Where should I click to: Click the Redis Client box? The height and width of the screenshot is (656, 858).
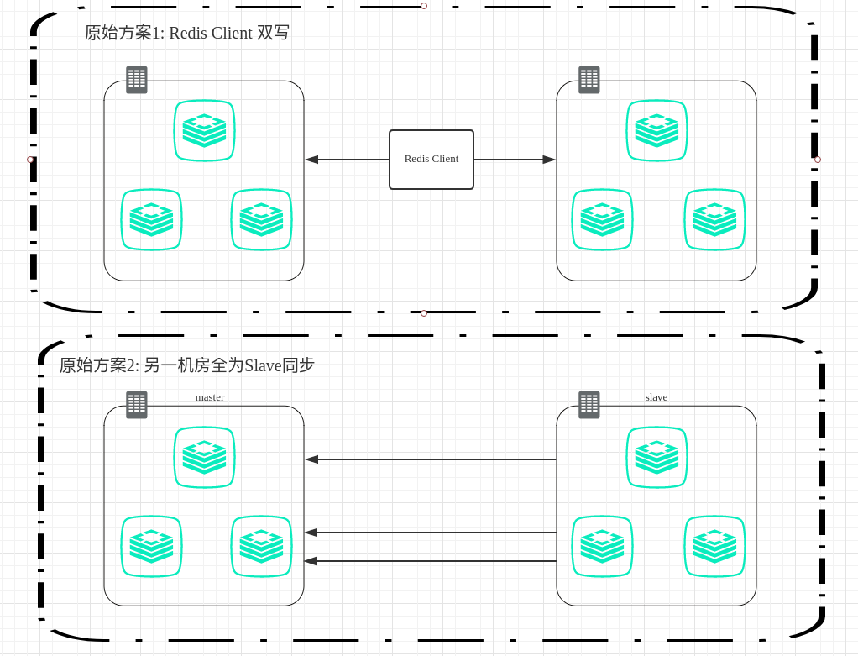point(432,160)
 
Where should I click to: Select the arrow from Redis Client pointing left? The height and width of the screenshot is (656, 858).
point(347,160)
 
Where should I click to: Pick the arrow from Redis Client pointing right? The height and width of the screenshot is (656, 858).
point(515,160)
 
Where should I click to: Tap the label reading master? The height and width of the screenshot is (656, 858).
point(210,397)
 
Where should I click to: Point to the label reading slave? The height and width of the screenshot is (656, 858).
point(657,397)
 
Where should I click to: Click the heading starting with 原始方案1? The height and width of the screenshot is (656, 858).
point(186,33)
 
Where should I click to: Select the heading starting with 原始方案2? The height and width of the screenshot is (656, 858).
point(186,365)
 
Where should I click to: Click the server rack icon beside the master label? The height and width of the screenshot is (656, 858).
point(137,405)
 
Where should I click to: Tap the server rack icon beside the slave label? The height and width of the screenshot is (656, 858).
point(589,405)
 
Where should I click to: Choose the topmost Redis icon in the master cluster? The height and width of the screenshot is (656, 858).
point(204,457)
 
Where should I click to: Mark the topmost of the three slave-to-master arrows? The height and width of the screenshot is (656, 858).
point(431,459)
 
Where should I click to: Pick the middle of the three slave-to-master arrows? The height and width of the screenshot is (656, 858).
point(431,533)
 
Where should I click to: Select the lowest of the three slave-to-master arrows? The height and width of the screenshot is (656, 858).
point(431,561)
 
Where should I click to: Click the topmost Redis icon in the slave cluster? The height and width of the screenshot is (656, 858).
point(657,457)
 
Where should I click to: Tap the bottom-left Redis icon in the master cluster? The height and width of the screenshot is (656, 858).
point(151,546)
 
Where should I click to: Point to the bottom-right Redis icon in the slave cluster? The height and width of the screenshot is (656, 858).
point(714,546)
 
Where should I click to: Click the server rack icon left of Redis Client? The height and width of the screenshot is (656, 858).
point(137,80)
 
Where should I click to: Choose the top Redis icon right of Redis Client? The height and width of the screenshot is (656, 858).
point(657,130)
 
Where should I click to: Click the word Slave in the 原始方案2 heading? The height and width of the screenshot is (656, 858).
point(263,365)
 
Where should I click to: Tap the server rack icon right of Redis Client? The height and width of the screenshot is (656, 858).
point(589,80)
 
